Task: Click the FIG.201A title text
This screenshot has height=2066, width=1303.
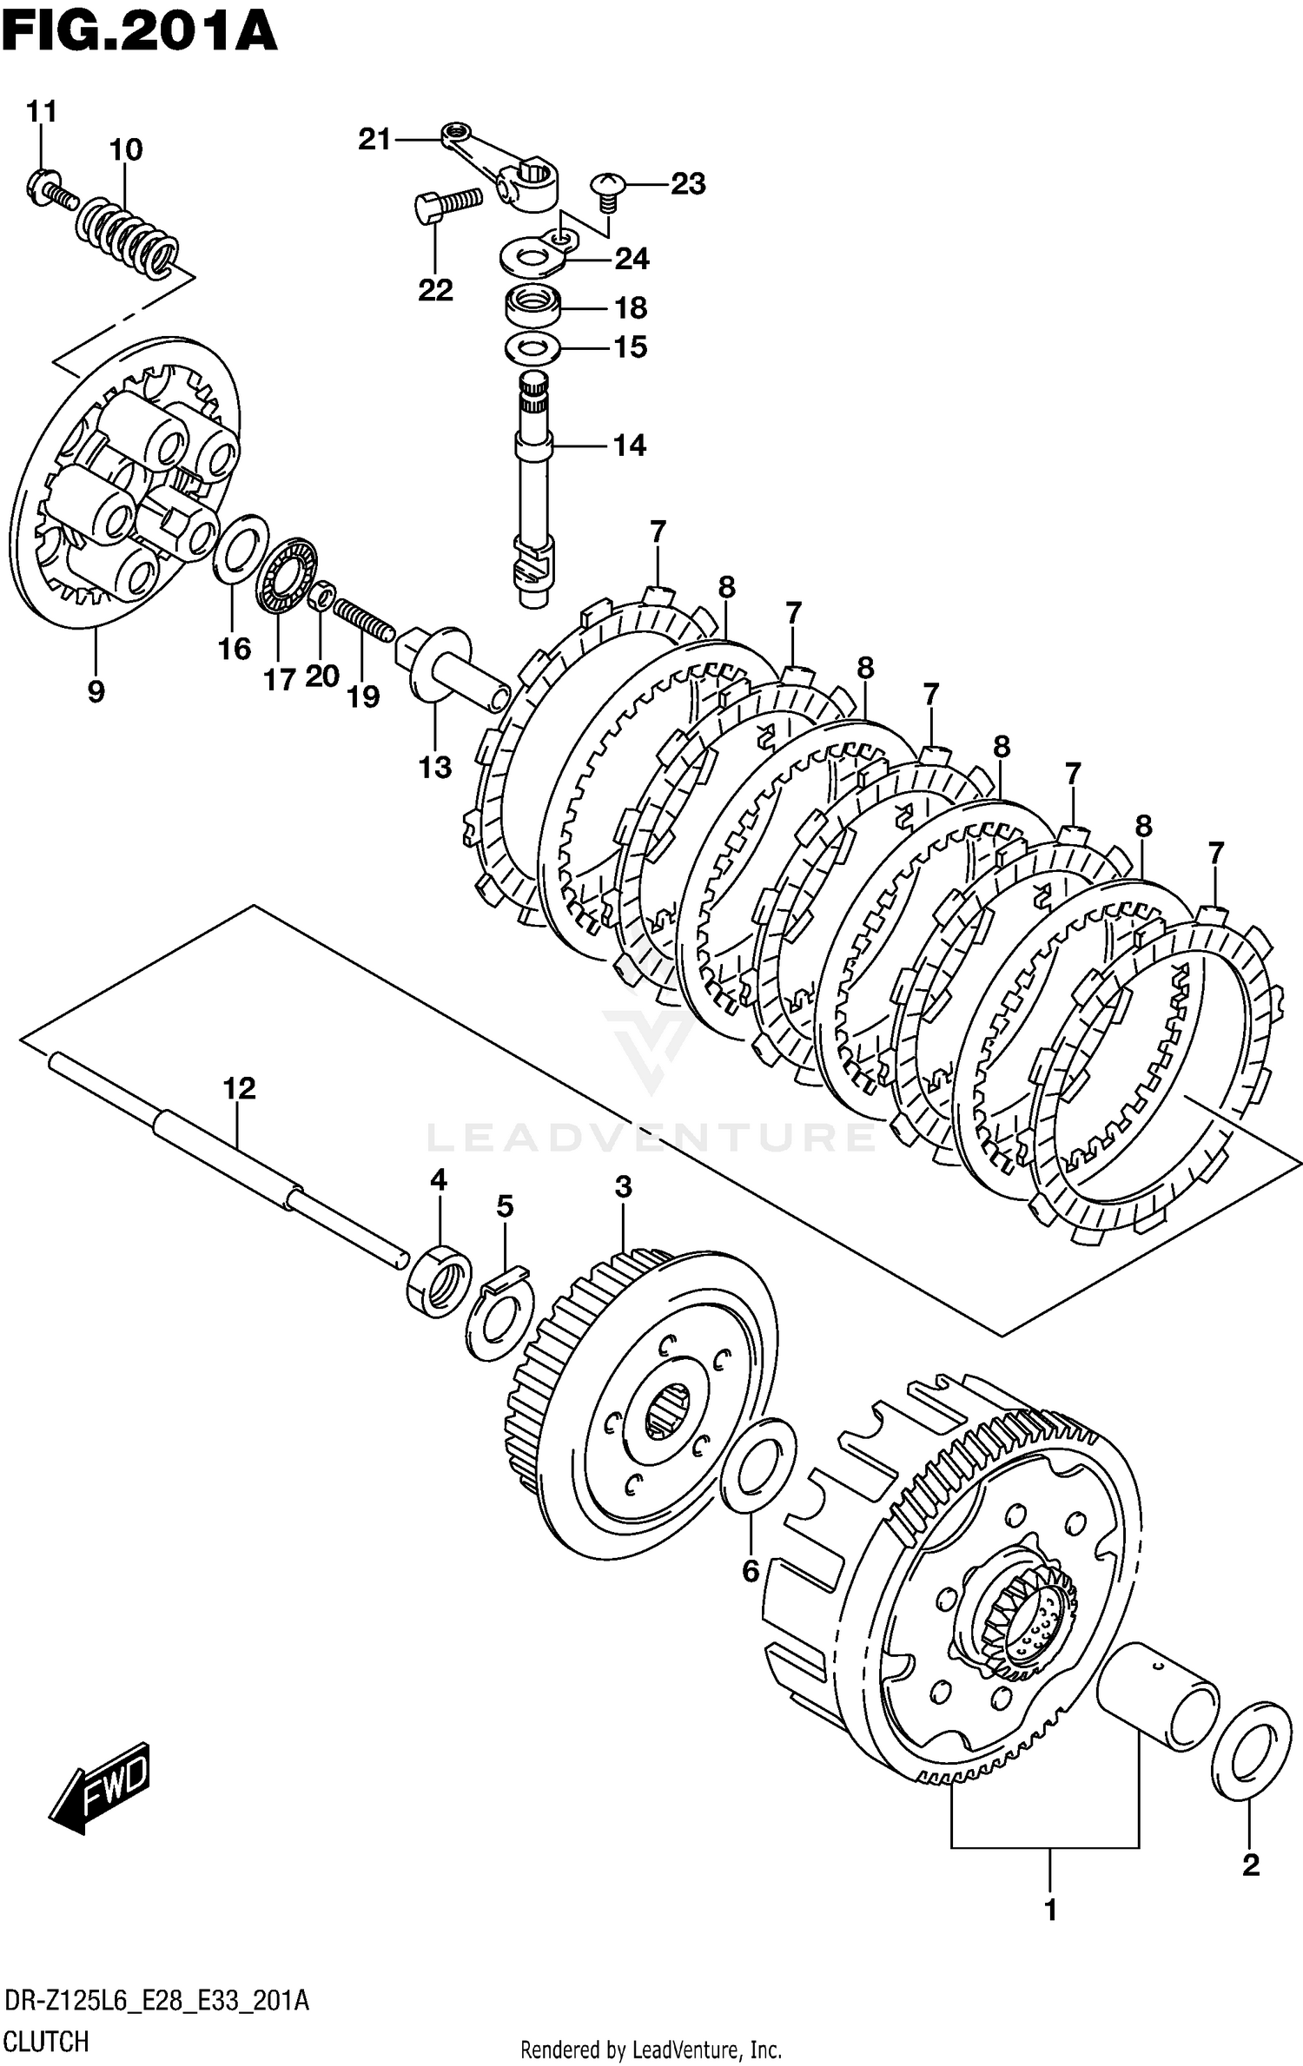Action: coord(139,32)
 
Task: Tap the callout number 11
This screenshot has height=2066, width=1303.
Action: coord(41,111)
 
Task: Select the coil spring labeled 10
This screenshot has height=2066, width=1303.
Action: coord(128,234)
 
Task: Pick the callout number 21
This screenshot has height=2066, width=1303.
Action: coord(374,139)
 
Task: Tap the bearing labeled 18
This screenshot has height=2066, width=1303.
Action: coord(532,307)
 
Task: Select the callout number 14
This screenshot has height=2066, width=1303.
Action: coord(630,446)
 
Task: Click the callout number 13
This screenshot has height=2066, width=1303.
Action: coord(435,767)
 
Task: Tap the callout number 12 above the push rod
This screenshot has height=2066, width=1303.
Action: coord(240,1088)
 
